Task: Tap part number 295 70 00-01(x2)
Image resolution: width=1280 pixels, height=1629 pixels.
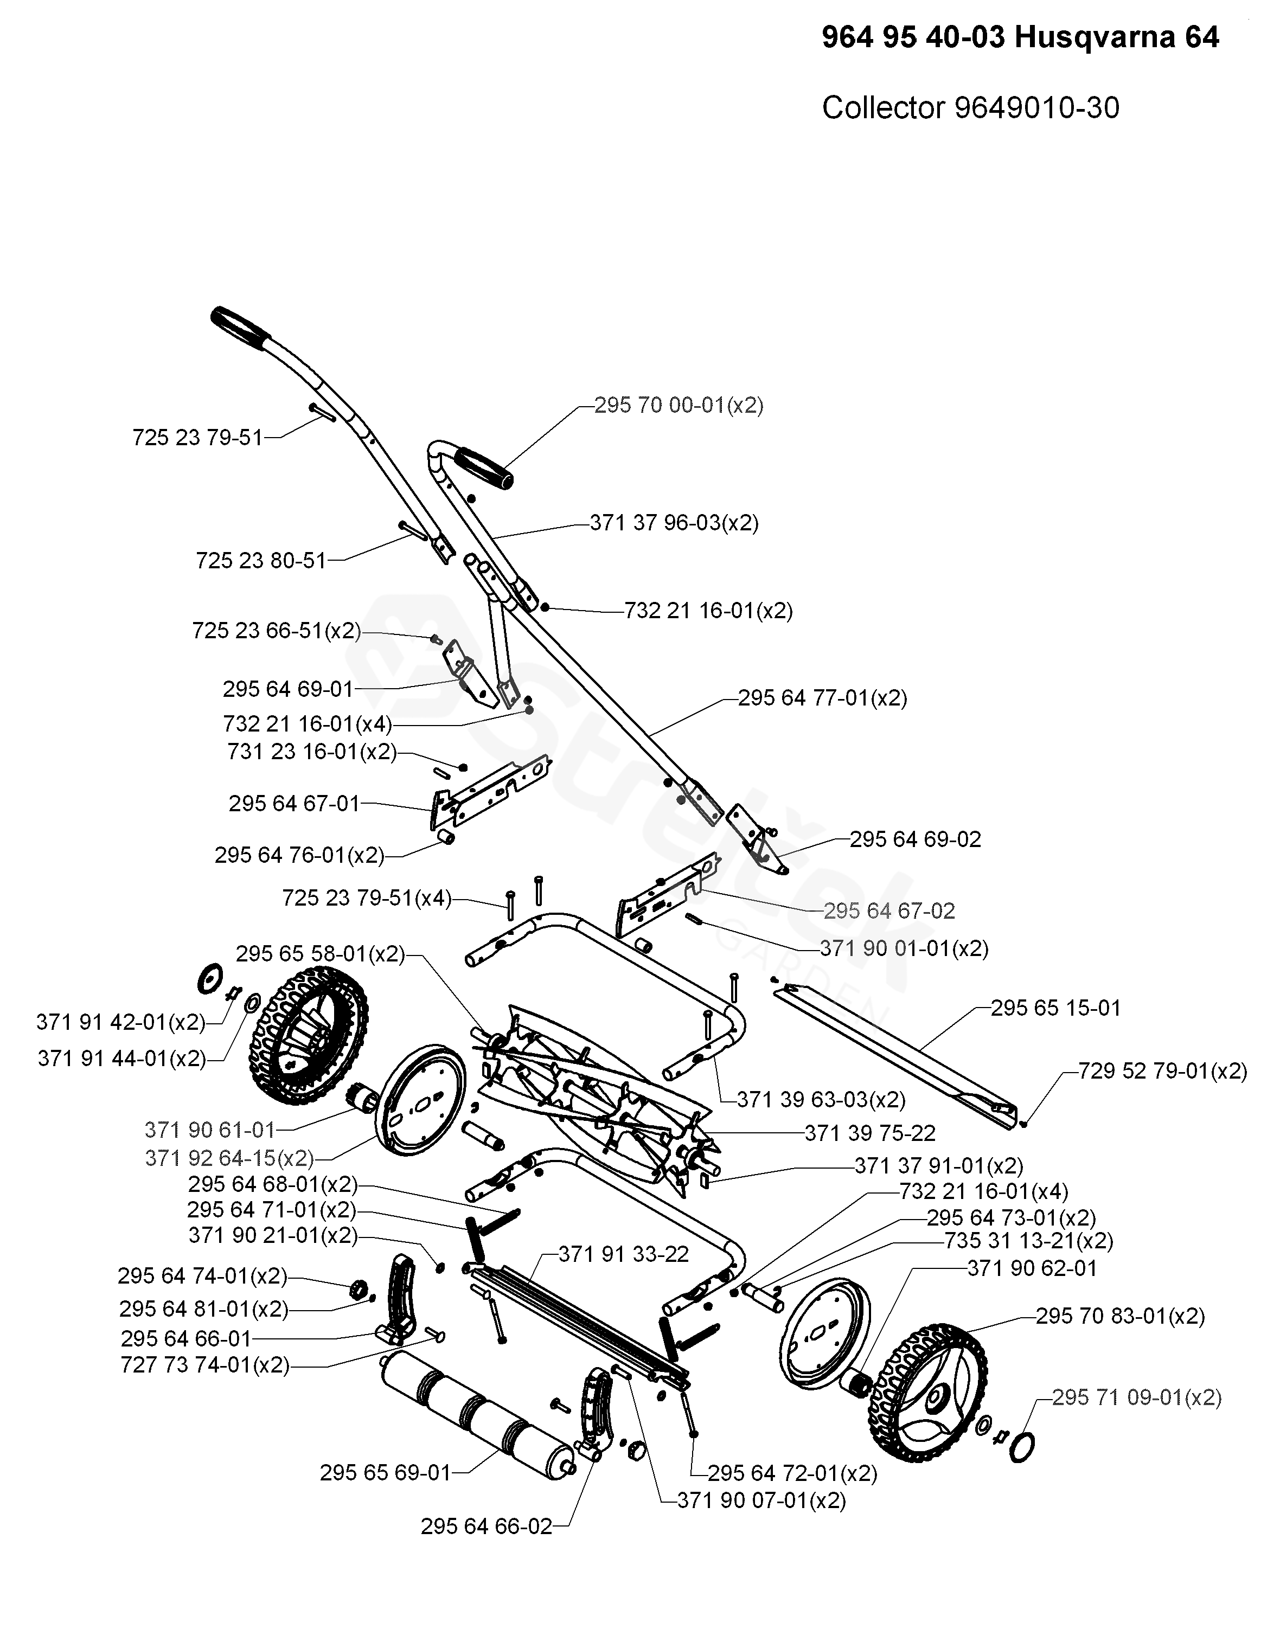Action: pyautogui.click(x=679, y=406)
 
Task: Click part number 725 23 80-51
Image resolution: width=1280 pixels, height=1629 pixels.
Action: pyautogui.click(x=261, y=561)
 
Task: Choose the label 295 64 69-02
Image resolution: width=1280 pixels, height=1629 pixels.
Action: pyautogui.click(x=916, y=839)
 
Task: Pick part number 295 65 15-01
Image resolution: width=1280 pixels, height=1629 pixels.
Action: pyautogui.click(x=1056, y=1009)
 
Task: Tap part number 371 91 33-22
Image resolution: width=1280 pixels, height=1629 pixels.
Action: pyautogui.click(x=624, y=1254)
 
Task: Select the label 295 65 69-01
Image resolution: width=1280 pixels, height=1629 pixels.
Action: pyautogui.click(x=386, y=1473)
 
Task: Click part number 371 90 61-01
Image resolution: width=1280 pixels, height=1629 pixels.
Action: pyautogui.click(x=210, y=1130)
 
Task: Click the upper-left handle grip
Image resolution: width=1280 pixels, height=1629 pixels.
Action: pyautogui.click(x=241, y=328)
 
